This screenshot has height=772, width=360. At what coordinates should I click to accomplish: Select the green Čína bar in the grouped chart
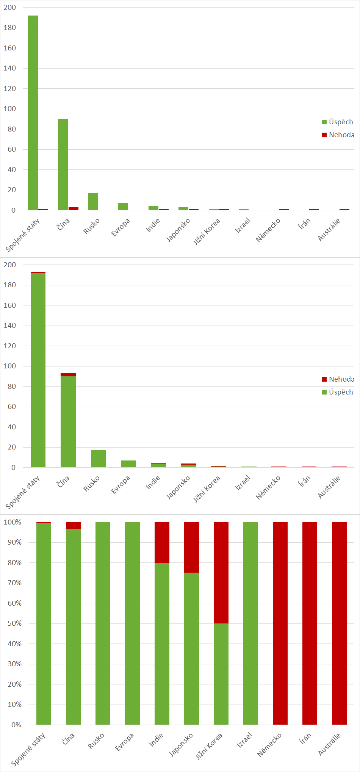(63, 164)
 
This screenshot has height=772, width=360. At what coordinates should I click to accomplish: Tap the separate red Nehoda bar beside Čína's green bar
(74, 208)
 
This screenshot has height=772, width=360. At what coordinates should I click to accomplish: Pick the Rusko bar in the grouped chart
(93, 202)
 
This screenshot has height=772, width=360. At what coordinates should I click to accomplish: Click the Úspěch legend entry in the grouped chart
(337, 122)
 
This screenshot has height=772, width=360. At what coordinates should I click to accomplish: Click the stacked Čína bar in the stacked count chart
(68, 421)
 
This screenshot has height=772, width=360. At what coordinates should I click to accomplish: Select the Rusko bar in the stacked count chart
(98, 459)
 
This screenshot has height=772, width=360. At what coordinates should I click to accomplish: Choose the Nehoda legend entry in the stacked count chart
(338, 379)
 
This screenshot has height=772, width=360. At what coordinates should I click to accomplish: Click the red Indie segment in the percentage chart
(162, 542)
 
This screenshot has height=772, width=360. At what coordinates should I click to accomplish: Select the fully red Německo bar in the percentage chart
(280, 623)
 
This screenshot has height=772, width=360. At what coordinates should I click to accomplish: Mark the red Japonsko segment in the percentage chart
(191, 547)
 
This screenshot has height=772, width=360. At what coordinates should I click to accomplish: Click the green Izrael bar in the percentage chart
(250, 623)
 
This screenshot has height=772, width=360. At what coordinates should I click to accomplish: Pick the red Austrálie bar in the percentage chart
(339, 623)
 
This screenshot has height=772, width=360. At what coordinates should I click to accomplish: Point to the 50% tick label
(14, 623)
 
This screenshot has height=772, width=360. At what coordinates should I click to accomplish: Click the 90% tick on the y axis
(14, 542)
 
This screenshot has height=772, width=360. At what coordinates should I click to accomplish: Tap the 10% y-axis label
(14, 705)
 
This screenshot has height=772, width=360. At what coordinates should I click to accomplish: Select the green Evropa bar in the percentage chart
(132, 623)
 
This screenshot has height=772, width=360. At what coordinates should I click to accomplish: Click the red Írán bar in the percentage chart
(310, 623)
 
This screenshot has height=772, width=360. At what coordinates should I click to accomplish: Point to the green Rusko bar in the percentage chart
(103, 623)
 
